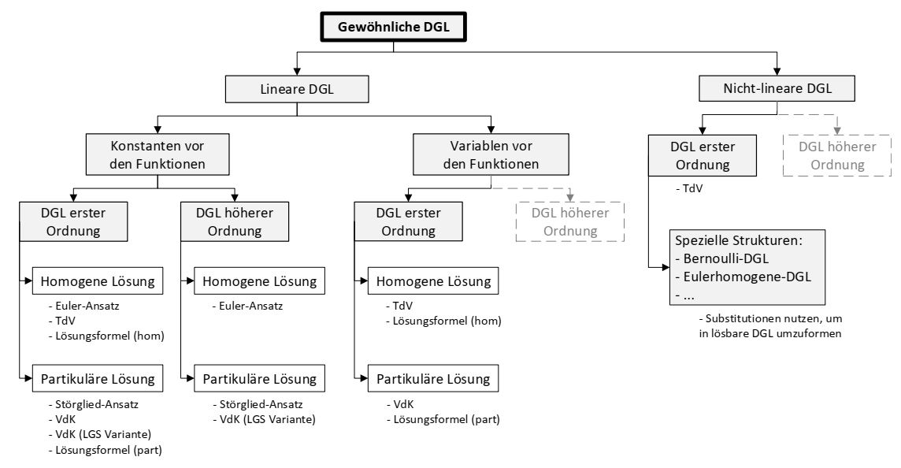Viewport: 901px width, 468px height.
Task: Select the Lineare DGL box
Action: [x=296, y=89]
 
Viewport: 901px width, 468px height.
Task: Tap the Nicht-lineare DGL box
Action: [x=776, y=89]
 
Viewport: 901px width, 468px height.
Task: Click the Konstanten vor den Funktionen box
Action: [x=157, y=155]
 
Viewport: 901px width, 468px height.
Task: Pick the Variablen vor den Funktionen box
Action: [x=491, y=155]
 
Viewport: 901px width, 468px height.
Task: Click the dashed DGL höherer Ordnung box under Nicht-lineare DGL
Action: [x=838, y=155]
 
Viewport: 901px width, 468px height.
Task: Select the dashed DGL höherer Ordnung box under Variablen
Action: [x=570, y=221]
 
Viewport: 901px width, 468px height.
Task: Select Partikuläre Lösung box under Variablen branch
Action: [x=432, y=379]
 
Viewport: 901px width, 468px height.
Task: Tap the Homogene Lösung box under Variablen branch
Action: [x=432, y=281]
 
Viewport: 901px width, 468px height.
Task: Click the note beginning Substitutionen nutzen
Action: [x=761, y=326]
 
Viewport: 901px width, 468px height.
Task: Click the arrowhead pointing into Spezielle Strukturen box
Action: [x=666, y=268]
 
